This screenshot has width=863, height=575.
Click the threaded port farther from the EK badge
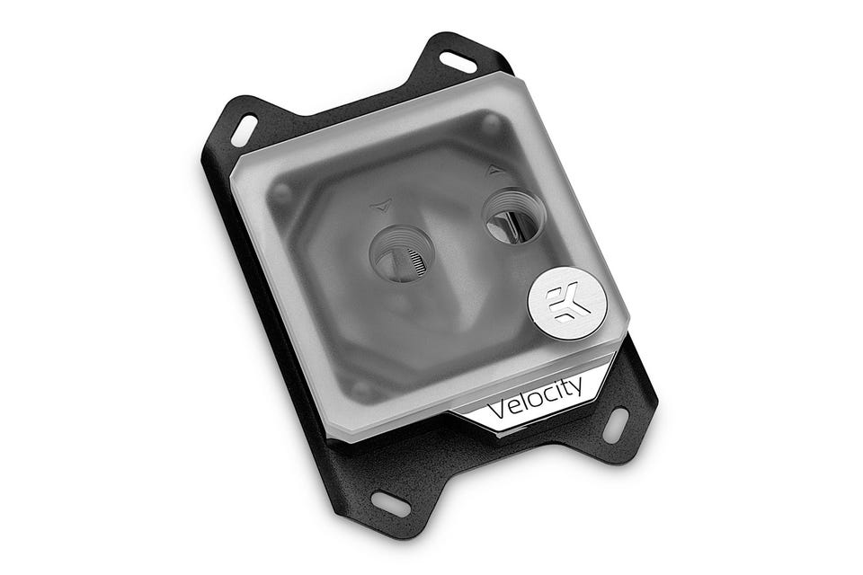[x=403, y=253]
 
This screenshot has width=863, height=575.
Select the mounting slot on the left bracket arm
[x=245, y=130]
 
